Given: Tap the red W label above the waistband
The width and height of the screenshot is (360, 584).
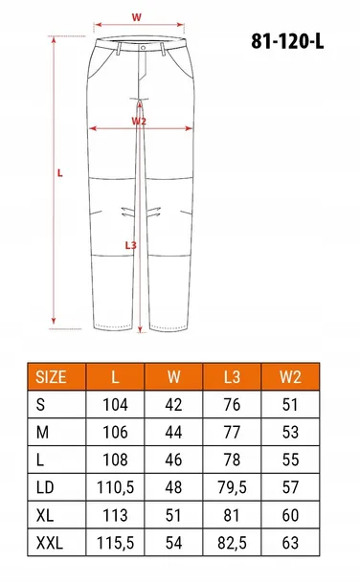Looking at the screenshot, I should [137, 16].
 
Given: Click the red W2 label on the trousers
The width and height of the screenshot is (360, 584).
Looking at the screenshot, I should [139, 122].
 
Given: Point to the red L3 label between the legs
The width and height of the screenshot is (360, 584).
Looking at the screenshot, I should [131, 245].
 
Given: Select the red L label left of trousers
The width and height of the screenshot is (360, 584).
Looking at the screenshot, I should [59, 173].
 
